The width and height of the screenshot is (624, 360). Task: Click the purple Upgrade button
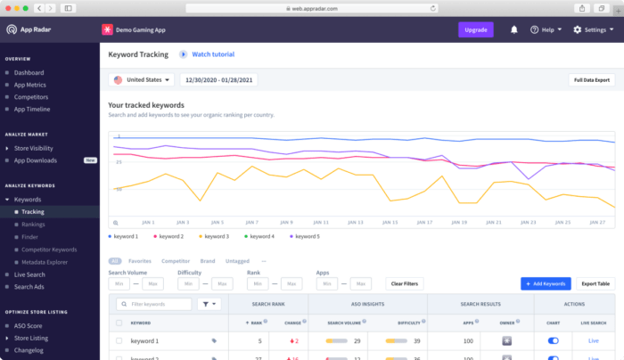click(475, 29)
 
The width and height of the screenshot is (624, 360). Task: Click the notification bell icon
click(514, 29)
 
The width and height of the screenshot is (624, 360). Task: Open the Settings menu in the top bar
click(592, 29)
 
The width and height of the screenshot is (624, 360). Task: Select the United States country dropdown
click(142, 79)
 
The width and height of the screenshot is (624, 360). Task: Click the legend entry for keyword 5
click(304, 236)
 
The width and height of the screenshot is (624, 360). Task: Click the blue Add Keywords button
click(546, 283)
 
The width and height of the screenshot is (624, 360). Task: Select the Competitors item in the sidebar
click(32, 96)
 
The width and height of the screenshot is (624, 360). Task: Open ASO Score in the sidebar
click(29, 325)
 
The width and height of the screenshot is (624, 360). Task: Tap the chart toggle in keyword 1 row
click(553, 340)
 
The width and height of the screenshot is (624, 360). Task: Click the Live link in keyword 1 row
click(594, 340)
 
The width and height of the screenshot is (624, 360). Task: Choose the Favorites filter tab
click(139, 261)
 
